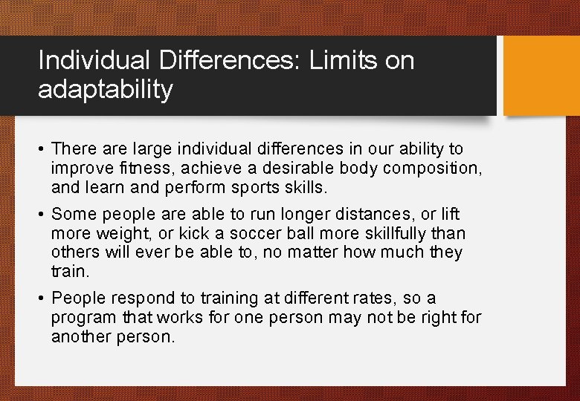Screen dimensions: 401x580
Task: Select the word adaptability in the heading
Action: pyautogui.click(x=105, y=90)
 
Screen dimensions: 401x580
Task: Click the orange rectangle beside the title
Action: pyautogui.click(x=541, y=76)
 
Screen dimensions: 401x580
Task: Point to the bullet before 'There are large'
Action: pyautogui.click(x=42, y=150)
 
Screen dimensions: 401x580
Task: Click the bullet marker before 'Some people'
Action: pyautogui.click(x=42, y=215)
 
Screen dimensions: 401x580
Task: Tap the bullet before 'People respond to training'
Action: pyautogui.click(x=42, y=299)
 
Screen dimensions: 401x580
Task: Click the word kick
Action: pyautogui.click(x=178, y=234)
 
